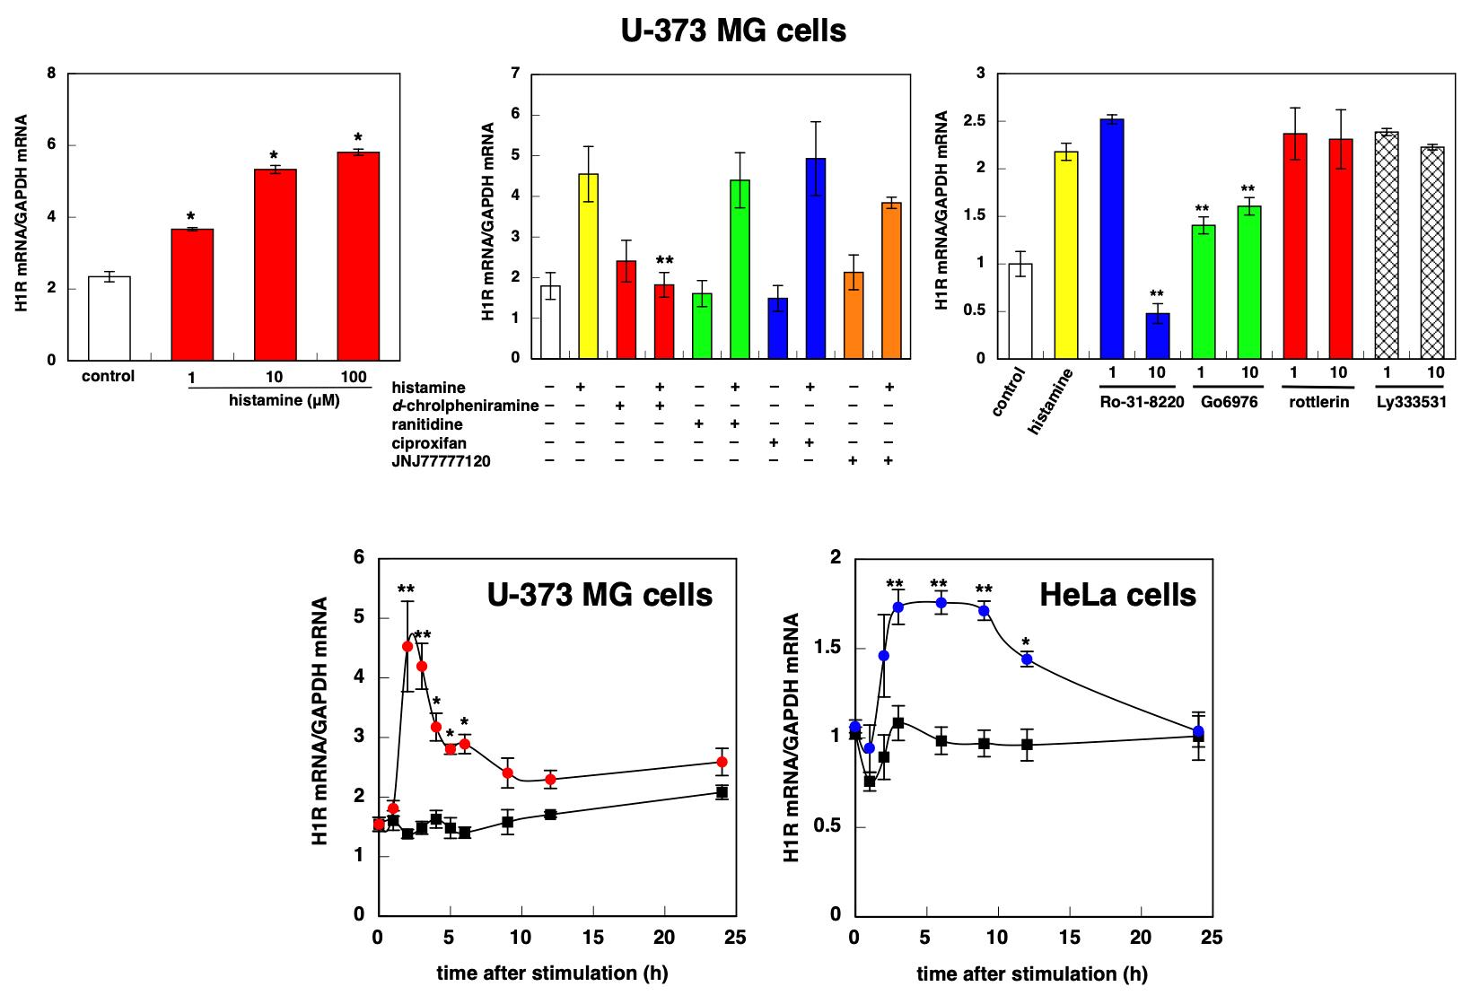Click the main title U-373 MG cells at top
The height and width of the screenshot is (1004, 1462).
732,31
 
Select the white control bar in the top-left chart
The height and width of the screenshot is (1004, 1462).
109,319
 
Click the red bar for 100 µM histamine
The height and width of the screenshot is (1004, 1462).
358,256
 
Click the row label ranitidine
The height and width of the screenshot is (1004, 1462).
427,424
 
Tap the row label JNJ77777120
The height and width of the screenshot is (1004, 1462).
441,461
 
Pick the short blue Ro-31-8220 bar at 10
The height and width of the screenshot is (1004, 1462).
1157,336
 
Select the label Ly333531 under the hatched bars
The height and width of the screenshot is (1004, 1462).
1410,401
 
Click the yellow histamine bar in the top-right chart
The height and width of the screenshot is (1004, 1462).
1065,256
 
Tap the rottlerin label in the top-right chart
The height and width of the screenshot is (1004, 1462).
1318,401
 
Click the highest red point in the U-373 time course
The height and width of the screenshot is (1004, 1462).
407,646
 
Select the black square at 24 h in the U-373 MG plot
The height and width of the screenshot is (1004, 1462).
722,791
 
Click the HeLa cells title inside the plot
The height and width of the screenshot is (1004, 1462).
1117,594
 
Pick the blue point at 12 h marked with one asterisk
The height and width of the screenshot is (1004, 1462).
1027,659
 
